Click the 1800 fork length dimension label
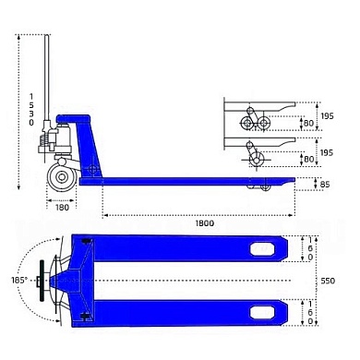[205, 223]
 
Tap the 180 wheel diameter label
[62, 208]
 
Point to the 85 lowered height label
[325, 185]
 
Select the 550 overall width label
[328, 281]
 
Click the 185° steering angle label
[19, 281]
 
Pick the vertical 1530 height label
[31, 110]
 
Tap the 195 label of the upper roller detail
[327, 116]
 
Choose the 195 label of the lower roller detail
[327, 152]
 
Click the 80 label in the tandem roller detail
[308, 124]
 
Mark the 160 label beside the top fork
[310, 248]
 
